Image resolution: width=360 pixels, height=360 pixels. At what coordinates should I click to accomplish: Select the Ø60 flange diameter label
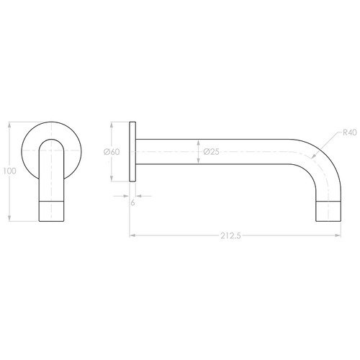[111, 152]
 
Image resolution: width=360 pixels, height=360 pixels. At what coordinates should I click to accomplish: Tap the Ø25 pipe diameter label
[211, 152]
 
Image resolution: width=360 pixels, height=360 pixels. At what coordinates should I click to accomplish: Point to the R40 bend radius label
[349, 132]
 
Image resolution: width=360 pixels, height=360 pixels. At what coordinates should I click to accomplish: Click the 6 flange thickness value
[133, 204]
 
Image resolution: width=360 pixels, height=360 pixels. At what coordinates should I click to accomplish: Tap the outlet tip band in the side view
[330, 210]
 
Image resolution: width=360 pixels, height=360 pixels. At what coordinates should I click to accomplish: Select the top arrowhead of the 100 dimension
[9, 122]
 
